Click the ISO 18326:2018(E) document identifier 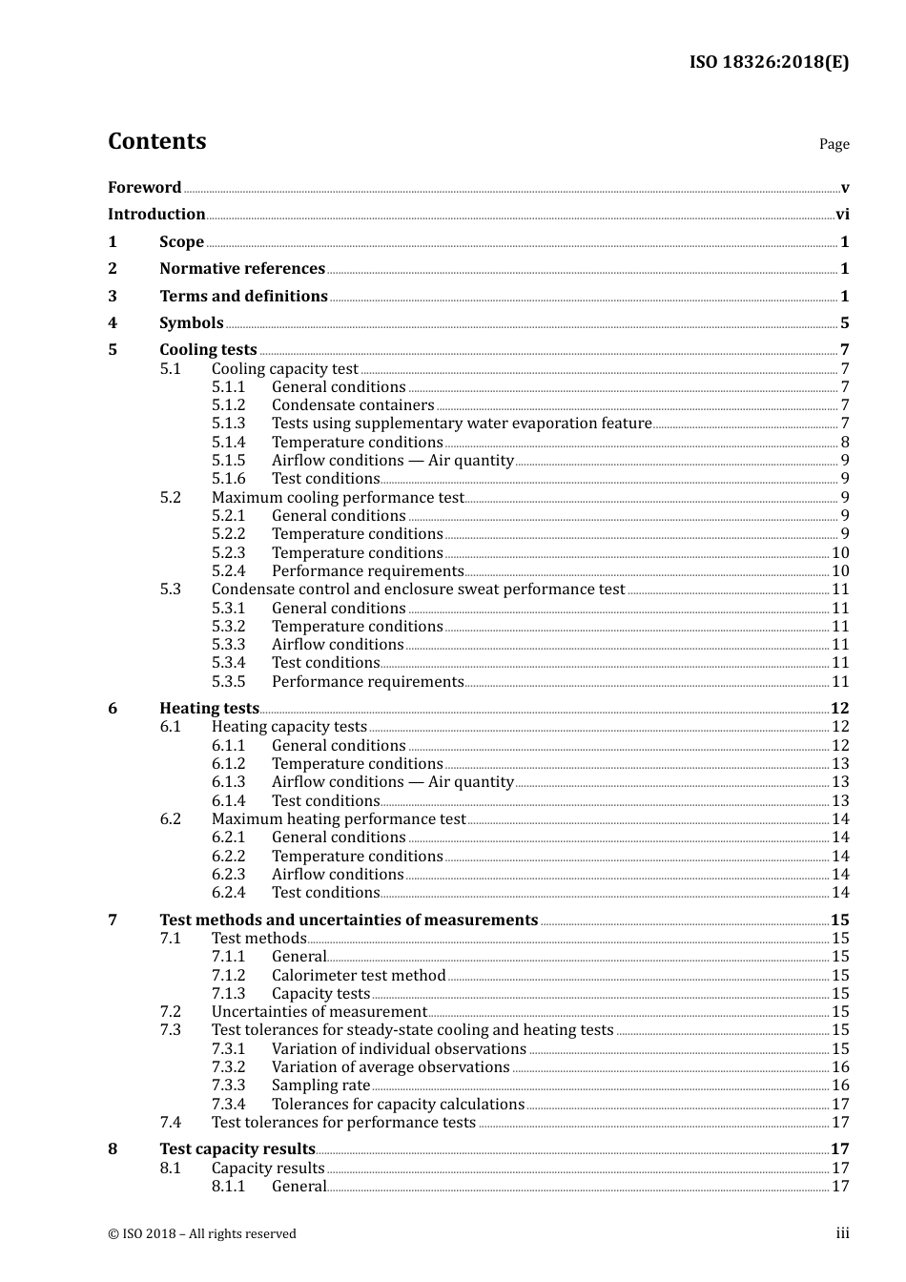pyautogui.click(x=769, y=62)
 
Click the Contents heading pyautogui.click(x=156, y=141)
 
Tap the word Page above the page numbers pyautogui.click(x=834, y=144)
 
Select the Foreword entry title pyautogui.click(x=144, y=188)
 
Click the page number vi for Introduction pyautogui.click(x=842, y=215)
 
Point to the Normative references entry pyautogui.click(x=242, y=269)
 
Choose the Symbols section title pyautogui.click(x=192, y=323)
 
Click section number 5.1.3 pyautogui.click(x=228, y=424)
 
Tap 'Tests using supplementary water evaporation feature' pyautogui.click(x=462, y=424)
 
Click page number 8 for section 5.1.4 pyautogui.click(x=845, y=443)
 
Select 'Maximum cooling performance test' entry pyautogui.click(x=338, y=498)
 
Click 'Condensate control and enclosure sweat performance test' pyautogui.click(x=418, y=589)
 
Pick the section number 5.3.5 pyautogui.click(x=228, y=682)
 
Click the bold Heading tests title pyautogui.click(x=209, y=709)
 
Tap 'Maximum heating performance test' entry pyautogui.click(x=339, y=819)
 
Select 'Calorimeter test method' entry pyautogui.click(x=359, y=976)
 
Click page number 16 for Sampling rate pyautogui.click(x=840, y=1086)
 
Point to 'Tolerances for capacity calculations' pyautogui.click(x=398, y=1105)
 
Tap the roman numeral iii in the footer pyautogui.click(x=842, y=1233)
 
